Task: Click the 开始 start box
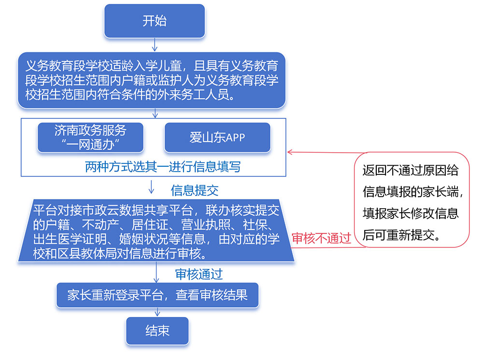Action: [x=154, y=21]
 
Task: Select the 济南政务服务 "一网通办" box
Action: [x=90, y=137]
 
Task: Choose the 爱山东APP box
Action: [x=217, y=137]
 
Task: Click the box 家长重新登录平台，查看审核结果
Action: [x=157, y=295]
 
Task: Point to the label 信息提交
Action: [x=195, y=190]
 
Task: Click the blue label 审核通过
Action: [x=199, y=274]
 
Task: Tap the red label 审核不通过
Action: [x=321, y=238]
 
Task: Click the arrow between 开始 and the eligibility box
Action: [x=154, y=44]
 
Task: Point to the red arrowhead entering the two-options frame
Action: [x=290, y=152]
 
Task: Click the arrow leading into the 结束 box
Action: [x=156, y=313]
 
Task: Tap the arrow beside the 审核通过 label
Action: [x=156, y=274]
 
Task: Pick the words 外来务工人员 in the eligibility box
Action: [x=193, y=94]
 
